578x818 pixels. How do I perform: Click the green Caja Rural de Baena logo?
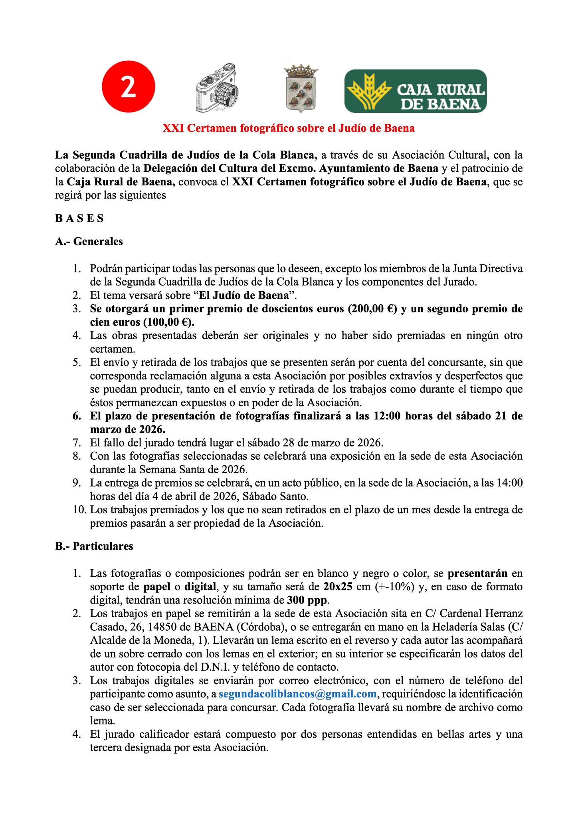[x=415, y=91]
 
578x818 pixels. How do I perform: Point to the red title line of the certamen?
[x=289, y=128]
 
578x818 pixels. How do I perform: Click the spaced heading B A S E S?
[x=79, y=218]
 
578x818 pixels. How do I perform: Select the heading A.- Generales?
[x=89, y=241]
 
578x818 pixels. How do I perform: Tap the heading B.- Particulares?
[x=94, y=546]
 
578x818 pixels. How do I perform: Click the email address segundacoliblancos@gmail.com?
[x=297, y=694]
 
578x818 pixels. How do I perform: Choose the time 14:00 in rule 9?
[x=508, y=483]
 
